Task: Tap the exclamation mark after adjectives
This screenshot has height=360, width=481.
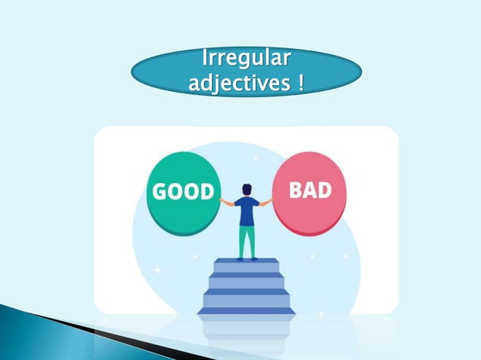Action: click(301, 81)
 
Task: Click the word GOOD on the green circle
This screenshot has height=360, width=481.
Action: click(184, 191)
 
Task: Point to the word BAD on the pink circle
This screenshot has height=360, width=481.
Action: click(311, 188)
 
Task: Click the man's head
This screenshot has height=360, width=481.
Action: click(247, 189)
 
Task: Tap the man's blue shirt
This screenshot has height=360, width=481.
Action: click(247, 212)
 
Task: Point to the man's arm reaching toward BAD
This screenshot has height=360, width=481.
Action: click(265, 203)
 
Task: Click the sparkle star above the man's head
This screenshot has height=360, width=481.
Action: click(255, 158)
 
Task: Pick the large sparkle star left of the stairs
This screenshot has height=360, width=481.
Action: click(158, 269)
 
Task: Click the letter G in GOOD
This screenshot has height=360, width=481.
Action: click(161, 191)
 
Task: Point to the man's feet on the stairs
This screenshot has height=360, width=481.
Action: click(247, 258)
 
